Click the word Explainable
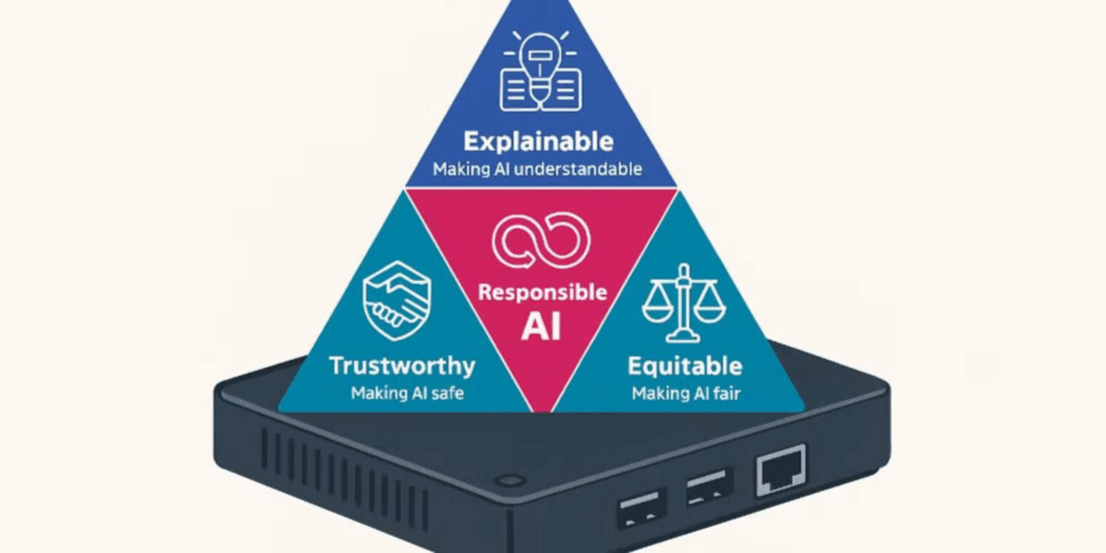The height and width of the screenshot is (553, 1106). pos(539,141)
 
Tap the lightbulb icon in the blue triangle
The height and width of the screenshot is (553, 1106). pos(540,71)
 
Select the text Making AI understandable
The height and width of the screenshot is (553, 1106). pos(537,170)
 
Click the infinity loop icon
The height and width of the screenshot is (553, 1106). pos(541,240)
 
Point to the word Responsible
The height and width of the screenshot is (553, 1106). pos(542,292)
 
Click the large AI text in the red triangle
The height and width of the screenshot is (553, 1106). pos(541,325)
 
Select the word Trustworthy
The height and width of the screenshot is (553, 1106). pos(402,366)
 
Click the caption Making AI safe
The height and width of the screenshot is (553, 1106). pos(407,393)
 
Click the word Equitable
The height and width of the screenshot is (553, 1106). pos(684,366)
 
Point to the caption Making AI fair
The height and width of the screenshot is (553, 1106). pos(685,393)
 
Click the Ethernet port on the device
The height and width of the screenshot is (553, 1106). pos(780,470)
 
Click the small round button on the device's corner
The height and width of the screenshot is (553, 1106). pos(510,480)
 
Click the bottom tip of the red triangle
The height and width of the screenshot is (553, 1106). pos(541,409)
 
